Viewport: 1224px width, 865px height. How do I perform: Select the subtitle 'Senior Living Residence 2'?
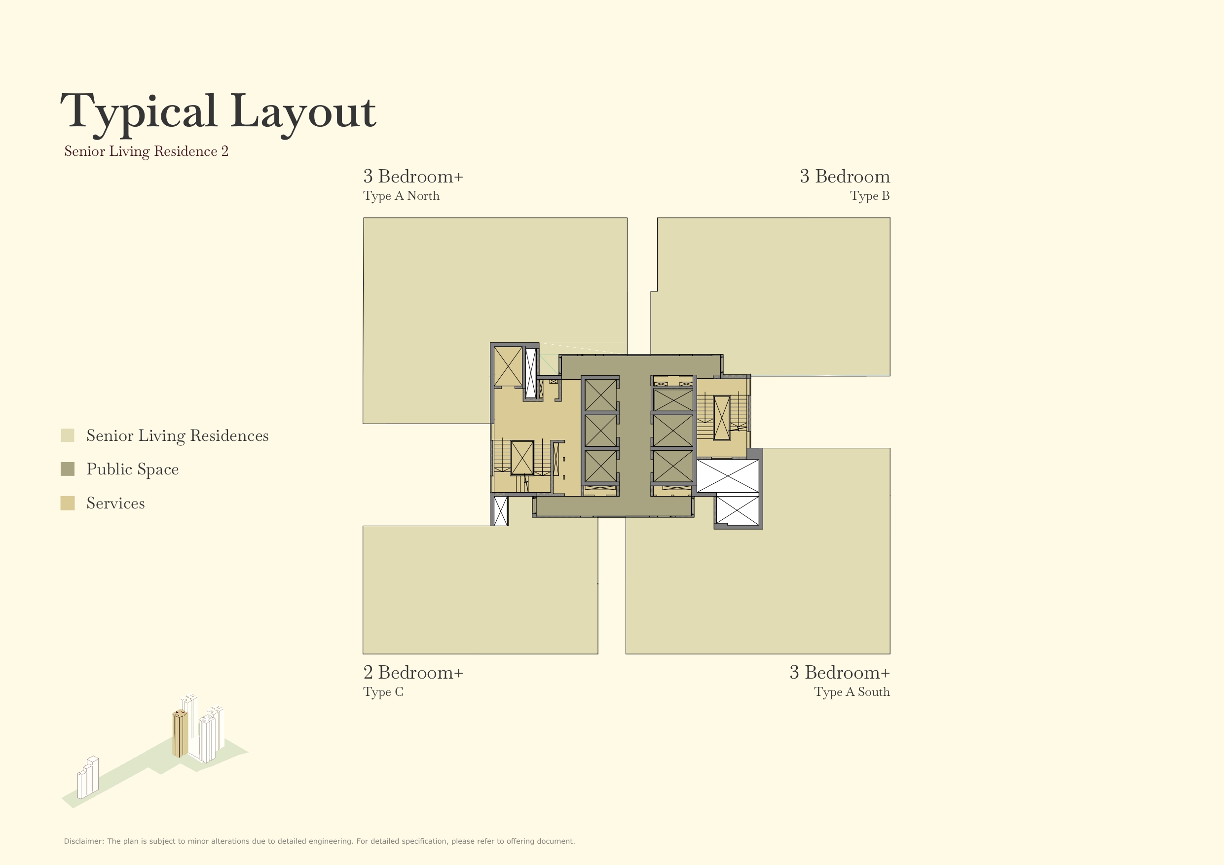tap(146, 151)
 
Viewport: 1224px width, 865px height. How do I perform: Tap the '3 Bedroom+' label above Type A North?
tap(413, 177)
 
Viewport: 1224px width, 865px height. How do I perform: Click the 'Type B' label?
tap(869, 196)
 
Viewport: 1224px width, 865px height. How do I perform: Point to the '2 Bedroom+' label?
tap(413, 673)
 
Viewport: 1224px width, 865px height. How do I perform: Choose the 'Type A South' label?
tap(852, 692)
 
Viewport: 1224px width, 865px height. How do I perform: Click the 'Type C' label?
tap(383, 692)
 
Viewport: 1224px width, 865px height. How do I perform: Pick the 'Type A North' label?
tap(401, 196)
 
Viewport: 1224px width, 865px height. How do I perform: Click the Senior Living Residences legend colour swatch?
tap(68, 435)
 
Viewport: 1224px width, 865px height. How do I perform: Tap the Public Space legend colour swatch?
tap(68, 469)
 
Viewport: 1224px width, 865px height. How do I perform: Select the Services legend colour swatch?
tap(68, 503)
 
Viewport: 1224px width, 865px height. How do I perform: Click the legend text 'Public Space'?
tap(132, 469)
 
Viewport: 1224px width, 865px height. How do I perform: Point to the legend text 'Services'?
tap(115, 503)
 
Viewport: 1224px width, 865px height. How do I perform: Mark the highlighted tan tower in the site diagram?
tap(180, 733)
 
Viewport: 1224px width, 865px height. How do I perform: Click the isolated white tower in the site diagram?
tap(88, 778)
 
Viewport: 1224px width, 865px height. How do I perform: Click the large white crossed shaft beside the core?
tap(728, 476)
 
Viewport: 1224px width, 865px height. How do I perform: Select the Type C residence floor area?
tap(480, 589)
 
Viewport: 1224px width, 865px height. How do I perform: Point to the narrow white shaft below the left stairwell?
tap(500, 510)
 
